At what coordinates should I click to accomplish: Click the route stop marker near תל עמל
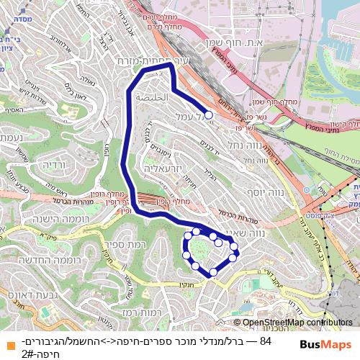pos(209,114)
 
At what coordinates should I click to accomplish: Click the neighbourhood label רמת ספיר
pos(155,247)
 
